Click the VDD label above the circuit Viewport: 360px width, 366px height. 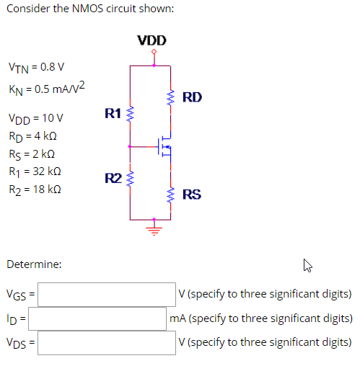[x=152, y=40]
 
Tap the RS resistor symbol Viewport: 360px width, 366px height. [x=171, y=195]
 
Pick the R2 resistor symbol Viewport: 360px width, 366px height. [x=131, y=179]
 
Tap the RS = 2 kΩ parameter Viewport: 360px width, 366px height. [x=32, y=154]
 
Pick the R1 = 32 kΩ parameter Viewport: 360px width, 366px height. [x=34, y=172]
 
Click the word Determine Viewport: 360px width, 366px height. [x=33, y=264]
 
